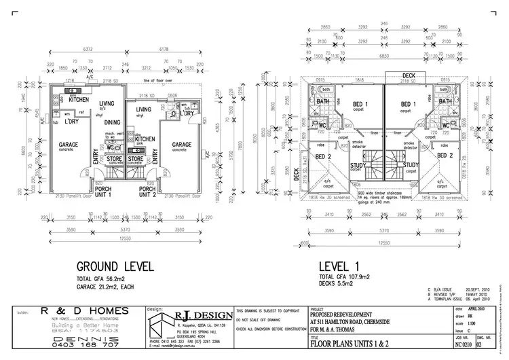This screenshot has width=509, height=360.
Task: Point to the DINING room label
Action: [x=113, y=122]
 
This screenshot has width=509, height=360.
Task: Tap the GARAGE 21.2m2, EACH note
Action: [x=110, y=287]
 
